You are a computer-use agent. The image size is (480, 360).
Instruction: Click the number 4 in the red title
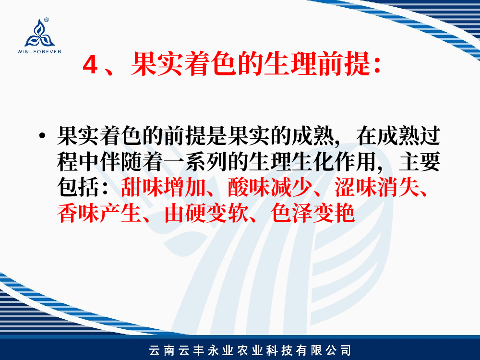pos(90,65)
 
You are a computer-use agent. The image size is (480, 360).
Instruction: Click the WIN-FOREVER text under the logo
pos(39,52)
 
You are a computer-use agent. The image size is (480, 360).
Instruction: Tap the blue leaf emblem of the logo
pos(39,33)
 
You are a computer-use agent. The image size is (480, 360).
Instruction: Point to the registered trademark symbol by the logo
pos(46,20)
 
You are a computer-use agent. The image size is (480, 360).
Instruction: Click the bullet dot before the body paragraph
pos(42,136)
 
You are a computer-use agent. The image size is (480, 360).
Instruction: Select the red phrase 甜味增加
pos(163,187)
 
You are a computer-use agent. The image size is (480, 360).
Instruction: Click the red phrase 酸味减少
pos(270,187)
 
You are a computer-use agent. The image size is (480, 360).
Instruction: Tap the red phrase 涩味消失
pos(377,187)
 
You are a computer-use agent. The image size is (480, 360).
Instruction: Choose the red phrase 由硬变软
pos(206,213)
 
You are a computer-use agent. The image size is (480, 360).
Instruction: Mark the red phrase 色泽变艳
pos(312,213)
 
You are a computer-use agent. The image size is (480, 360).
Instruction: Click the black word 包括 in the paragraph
pos(78,187)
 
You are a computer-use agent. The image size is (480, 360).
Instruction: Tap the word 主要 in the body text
pos(420,161)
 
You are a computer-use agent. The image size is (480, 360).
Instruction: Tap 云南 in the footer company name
pos(162,350)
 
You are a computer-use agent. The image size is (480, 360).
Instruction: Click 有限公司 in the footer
pos(324,350)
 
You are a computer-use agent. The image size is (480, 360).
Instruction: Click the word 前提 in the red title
pos(344,64)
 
